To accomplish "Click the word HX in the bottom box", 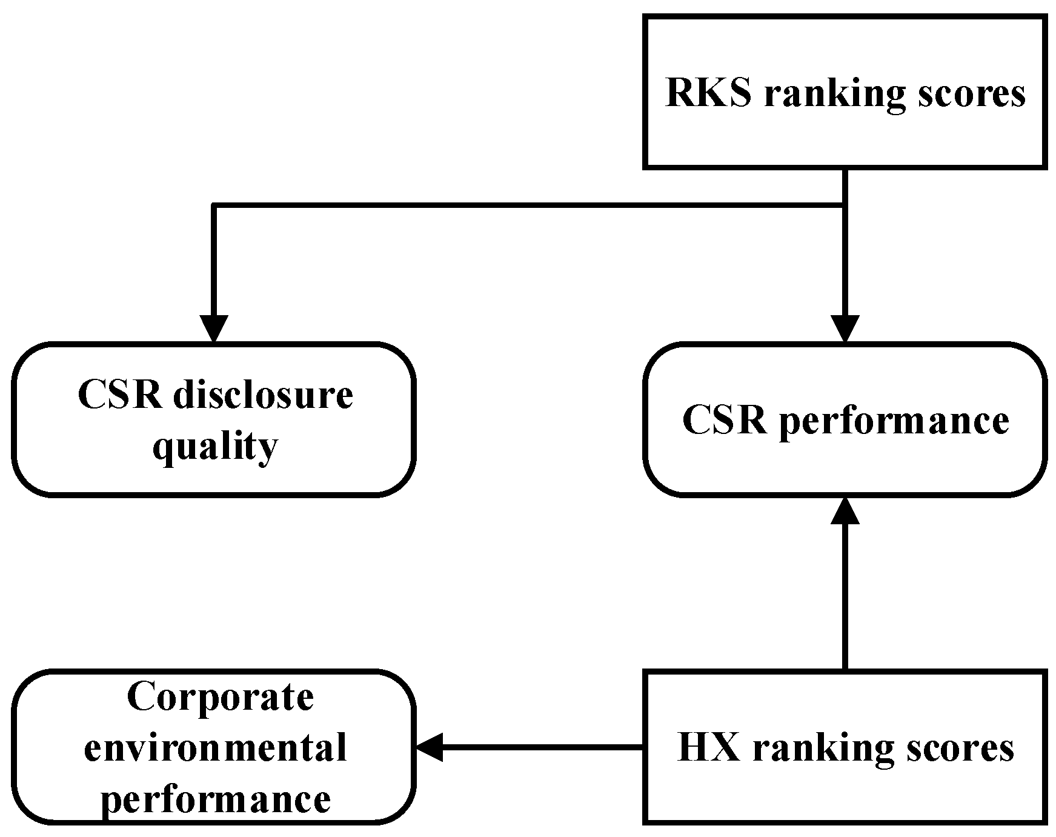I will point(708,747).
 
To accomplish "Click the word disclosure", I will point(264,396).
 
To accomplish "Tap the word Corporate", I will point(221,697).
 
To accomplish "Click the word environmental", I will point(215,747).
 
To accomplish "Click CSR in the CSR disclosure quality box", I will point(119,396).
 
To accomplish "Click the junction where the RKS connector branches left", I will point(844,206).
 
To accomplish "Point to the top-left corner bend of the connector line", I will point(213,206).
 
